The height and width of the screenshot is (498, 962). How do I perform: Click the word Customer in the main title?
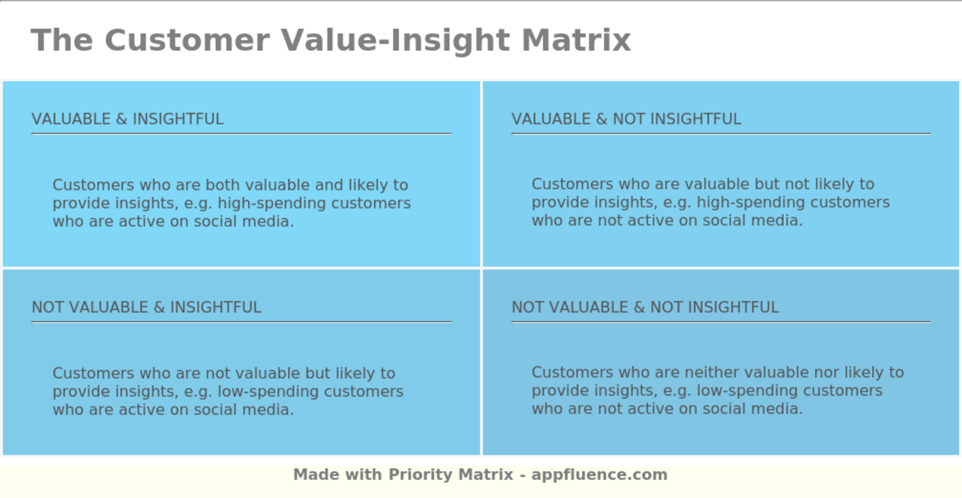pyautogui.click(x=186, y=40)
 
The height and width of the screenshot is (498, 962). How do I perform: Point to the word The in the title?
pyautogui.click(x=62, y=40)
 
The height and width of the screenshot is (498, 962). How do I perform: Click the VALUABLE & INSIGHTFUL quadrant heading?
pyautogui.click(x=127, y=119)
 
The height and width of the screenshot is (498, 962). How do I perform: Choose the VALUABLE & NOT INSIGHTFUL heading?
pyautogui.click(x=626, y=119)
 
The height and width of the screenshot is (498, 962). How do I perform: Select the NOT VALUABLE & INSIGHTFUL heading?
pyautogui.click(x=146, y=307)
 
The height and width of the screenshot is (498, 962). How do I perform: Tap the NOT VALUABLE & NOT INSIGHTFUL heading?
pyautogui.click(x=645, y=307)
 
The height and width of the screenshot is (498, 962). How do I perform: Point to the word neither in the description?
pyautogui.click(x=709, y=373)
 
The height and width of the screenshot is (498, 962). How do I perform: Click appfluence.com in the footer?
pyautogui.click(x=599, y=475)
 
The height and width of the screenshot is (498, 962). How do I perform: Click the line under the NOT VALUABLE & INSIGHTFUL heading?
pyautogui.click(x=240, y=321)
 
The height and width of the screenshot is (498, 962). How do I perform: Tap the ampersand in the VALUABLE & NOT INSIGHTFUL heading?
pyautogui.click(x=601, y=119)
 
